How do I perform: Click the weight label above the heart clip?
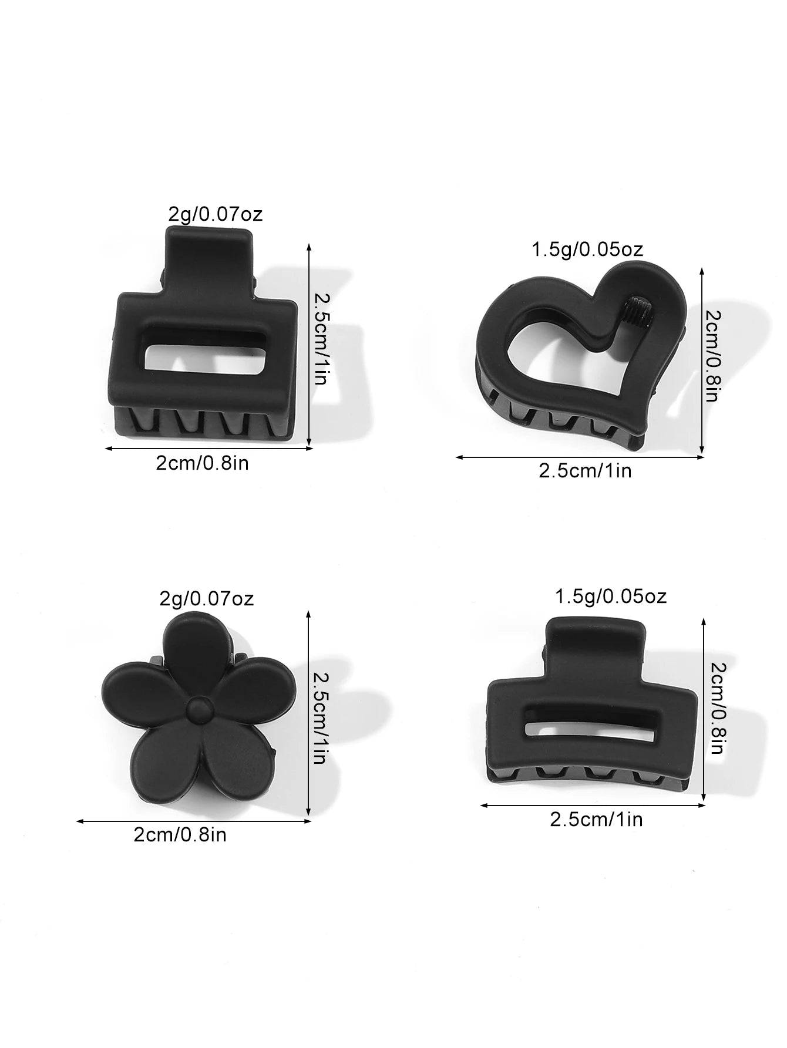(587, 250)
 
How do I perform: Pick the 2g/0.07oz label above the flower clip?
(207, 599)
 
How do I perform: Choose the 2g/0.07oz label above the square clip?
(216, 214)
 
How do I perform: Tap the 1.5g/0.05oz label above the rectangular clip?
(611, 597)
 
